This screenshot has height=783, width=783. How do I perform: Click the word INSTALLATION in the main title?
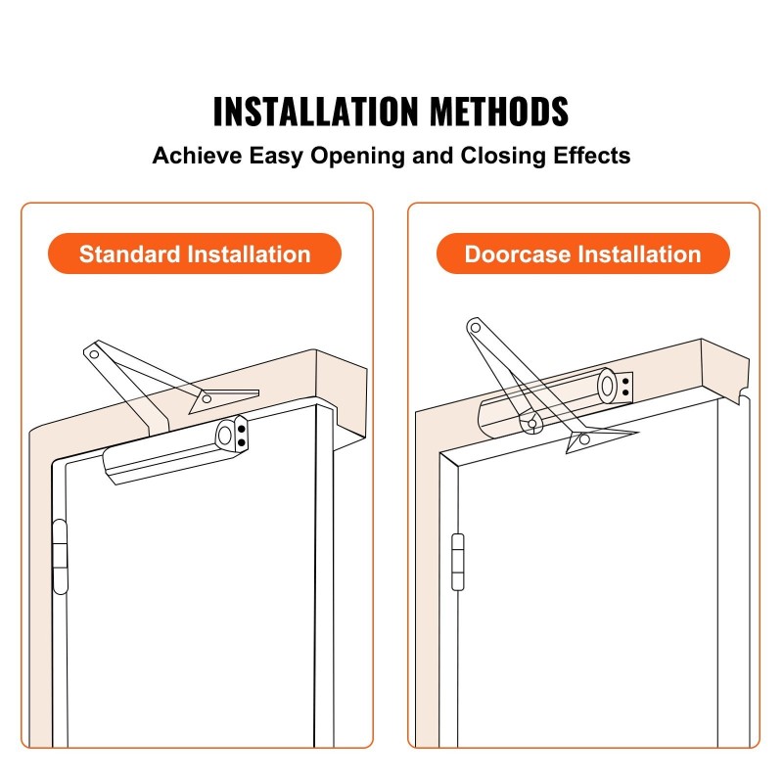315,111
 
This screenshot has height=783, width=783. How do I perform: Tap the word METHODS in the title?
499,111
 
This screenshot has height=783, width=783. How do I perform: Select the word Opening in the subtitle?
357,156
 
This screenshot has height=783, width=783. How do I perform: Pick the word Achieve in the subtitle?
197,156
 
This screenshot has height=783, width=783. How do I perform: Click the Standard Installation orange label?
195,253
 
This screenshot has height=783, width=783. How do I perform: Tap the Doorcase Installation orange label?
582,253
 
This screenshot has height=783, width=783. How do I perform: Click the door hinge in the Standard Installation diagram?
60,556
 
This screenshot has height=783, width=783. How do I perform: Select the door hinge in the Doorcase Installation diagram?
458,562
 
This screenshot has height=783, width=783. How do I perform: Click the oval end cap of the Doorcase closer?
608,386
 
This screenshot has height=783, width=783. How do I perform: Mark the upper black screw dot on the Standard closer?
242,429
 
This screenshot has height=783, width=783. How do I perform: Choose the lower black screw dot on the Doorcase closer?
625,393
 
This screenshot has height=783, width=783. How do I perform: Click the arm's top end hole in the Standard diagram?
94,354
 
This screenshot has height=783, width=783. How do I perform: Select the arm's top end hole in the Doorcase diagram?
476,328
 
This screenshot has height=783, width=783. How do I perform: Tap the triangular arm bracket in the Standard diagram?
219,399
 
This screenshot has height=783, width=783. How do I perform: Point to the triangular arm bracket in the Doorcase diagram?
597,438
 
